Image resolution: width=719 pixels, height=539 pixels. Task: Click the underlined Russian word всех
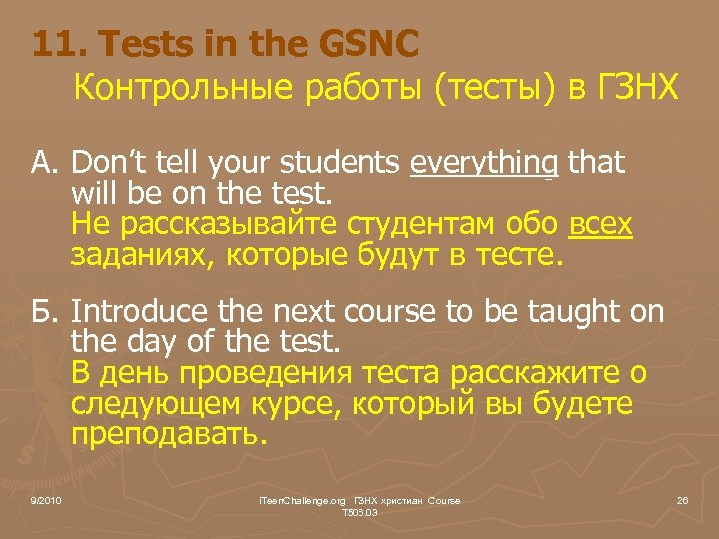point(600,225)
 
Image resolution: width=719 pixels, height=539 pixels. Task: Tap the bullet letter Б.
point(45,312)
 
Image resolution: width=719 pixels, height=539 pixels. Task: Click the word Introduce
point(134,312)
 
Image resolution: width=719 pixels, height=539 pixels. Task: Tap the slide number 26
point(682,499)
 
